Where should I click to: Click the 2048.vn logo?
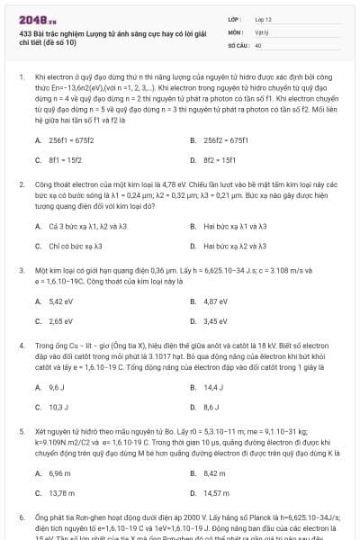click(x=37, y=19)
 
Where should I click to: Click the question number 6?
click(x=21, y=519)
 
